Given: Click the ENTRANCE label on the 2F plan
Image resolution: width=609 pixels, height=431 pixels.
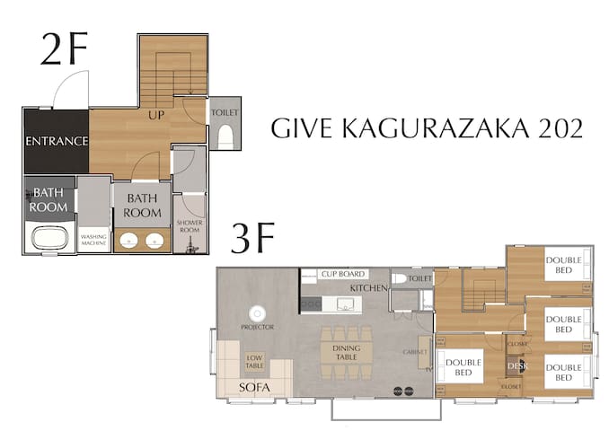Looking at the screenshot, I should (x=56, y=141).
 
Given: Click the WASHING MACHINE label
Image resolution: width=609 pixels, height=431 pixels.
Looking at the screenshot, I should (x=93, y=240).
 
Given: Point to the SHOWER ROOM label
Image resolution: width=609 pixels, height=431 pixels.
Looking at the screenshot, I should (x=190, y=224).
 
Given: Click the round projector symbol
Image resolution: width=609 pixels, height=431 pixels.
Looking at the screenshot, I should (x=257, y=313).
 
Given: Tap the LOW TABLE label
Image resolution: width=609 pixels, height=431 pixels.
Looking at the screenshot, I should (x=255, y=360).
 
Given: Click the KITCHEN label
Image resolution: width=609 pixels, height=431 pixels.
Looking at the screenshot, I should (x=368, y=287).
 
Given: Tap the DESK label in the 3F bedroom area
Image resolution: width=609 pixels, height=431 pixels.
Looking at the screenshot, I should (x=516, y=365).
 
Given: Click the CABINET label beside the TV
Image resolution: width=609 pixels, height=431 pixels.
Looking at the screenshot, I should (x=410, y=352).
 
